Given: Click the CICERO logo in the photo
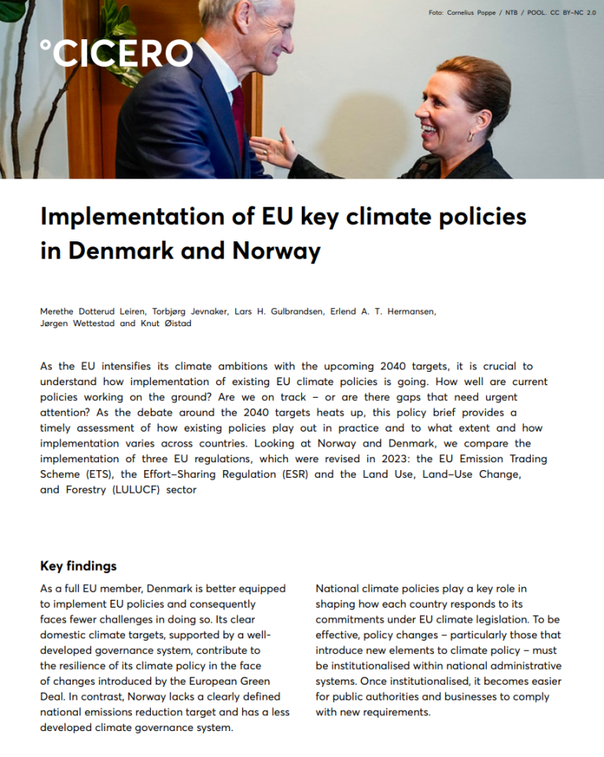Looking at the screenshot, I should click(x=116, y=53).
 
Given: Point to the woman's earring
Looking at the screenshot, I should click(x=470, y=136).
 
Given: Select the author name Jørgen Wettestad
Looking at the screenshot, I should click(x=77, y=323).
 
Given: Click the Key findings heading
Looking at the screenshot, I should click(x=78, y=566).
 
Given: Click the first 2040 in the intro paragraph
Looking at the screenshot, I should click(x=396, y=366).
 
